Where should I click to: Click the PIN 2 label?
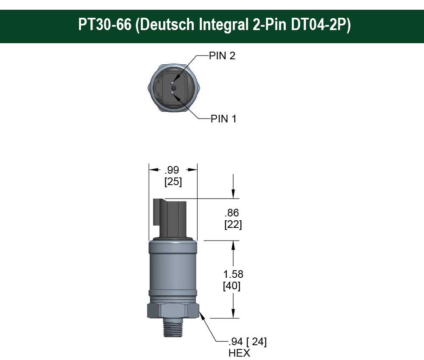click(x=222, y=55)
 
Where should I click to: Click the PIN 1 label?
click(x=223, y=119)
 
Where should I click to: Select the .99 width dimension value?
click(x=172, y=170)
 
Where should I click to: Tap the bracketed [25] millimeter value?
click(x=173, y=182)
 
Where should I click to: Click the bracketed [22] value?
click(x=233, y=225)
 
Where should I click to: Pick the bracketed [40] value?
click(x=232, y=286)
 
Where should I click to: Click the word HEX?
click(x=239, y=353)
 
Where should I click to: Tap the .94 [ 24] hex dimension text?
click(x=248, y=342)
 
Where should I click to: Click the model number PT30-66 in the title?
click(x=104, y=25)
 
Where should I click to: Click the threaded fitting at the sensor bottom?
click(x=173, y=327)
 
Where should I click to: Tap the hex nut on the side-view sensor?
click(x=173, y=310)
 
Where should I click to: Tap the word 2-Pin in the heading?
click(x=268, y=25)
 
